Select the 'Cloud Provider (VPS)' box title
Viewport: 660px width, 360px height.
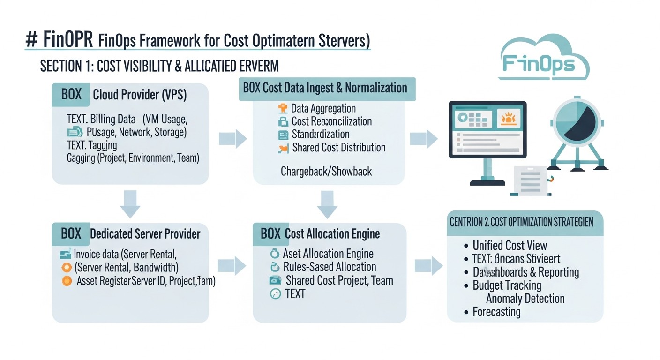pyautogui.click(x=140, y=95)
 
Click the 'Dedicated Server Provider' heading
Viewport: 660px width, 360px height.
pyautogui.click(x=145, y=234)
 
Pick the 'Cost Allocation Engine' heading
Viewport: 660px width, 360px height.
pyautogui.click(x=332, y=234)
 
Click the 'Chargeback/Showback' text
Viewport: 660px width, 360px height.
pyautogui.click(x=326, y=172)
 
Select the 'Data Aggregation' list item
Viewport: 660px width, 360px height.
pyautogui.click(x=323, y=109)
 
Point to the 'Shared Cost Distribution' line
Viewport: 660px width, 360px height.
pyautogui.click(x=338, y=148)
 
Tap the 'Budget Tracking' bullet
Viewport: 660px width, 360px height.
pyautogui.click(x=507, y=285)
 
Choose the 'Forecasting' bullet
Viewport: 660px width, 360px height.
pyautogui.click(x=496, y=312)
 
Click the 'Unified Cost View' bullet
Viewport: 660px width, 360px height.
pyautogui.click(x=510, y=245)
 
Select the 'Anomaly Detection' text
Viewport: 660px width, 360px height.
pyautogui.click(x=525, y=299)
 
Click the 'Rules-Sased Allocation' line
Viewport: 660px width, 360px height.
pyautogui.click(x=330, y=267)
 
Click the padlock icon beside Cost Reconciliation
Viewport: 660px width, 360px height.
pyautogui.click(x=283, y=122)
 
